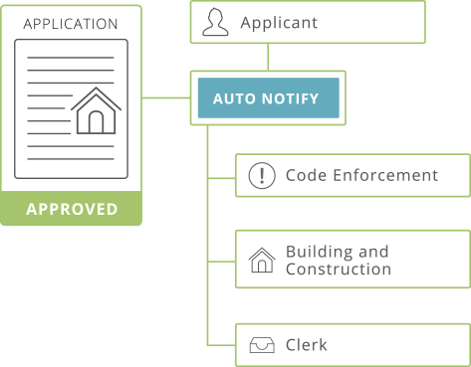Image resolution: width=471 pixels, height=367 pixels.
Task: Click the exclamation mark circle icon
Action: coord(261,176)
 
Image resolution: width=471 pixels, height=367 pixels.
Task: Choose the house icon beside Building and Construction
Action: coord(261,261)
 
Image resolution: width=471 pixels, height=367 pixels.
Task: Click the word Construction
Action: coord(338,270)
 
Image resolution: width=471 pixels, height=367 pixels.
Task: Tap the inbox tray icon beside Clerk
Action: coord(261,346)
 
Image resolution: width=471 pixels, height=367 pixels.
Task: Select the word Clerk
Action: coord(306,345)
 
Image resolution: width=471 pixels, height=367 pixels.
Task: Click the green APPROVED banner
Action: coord(72,210)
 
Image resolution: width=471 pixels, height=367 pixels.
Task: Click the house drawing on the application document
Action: coord(96,110)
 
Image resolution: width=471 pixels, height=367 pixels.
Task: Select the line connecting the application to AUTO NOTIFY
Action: coord(164,98)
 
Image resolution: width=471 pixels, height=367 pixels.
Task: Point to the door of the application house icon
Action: coord(96,121)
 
